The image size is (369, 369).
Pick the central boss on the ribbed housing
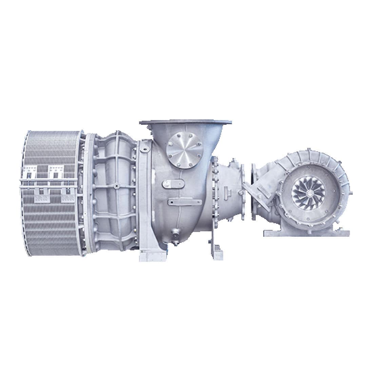[116, 186]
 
